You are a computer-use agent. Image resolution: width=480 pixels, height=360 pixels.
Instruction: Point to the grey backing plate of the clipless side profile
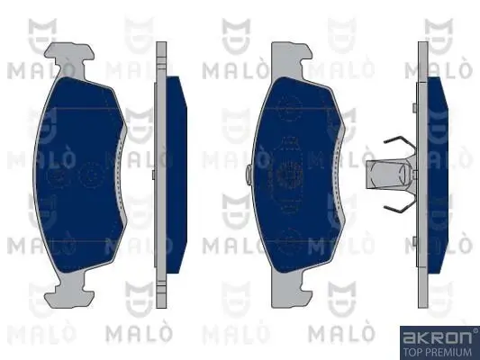(x=161, y=171)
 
